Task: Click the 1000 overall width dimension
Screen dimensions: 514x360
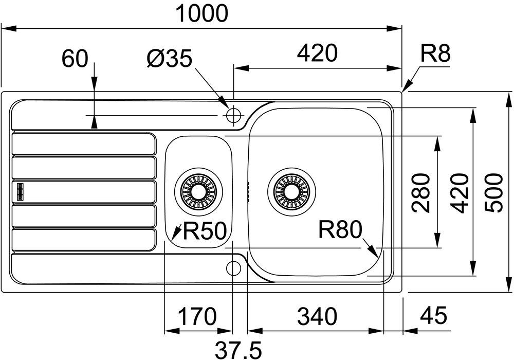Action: [x=201, y=13]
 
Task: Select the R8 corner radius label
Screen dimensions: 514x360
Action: [x=435, y=53]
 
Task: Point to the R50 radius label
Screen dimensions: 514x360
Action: [x=205, y=231]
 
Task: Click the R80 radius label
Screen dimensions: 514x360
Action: [x=340, y=229]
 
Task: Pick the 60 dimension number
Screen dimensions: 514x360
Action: [x=76, y=59]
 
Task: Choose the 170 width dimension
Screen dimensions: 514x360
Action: [x=197, y=317]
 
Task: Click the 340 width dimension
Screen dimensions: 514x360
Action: [x=317, y=317]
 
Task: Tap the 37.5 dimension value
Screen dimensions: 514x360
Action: [x=238, y=351]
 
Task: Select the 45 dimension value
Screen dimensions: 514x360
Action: [x=433, y=316]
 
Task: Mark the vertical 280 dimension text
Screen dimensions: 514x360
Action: [x=421, y=193]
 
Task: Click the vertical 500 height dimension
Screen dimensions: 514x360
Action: [x=493, y=193]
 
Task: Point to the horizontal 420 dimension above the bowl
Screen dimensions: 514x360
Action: [x=317, y=53]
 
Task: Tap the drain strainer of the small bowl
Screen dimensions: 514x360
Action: [x=198, y=192]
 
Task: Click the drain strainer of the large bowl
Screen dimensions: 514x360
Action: [x=291, y=192]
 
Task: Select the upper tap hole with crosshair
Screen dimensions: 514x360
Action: [x=233, y=115]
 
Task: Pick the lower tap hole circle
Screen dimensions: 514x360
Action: [x=233, y=268]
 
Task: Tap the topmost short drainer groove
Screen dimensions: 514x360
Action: [x=84, y=143]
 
